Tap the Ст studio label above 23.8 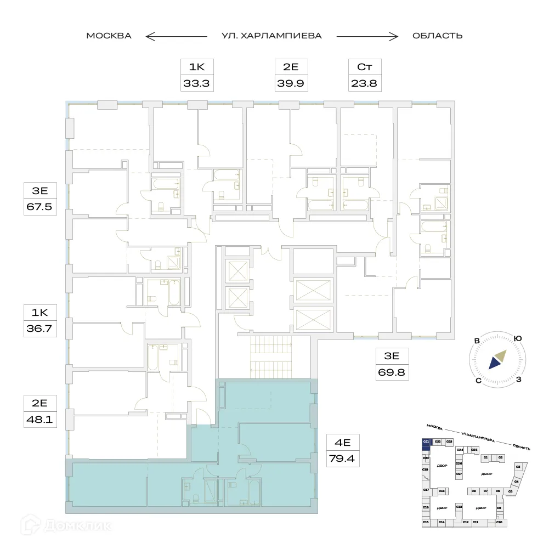point(365,67)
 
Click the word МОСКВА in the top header point(109,36)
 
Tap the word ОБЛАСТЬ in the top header point(437,36)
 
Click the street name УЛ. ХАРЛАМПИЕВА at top point(271,36)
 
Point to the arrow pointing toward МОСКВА point(176,36)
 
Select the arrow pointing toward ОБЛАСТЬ point(367,36)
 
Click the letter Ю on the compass point(517,338)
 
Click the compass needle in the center point(497,359)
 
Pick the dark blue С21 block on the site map point(426,442)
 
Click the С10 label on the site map point(499,522)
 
